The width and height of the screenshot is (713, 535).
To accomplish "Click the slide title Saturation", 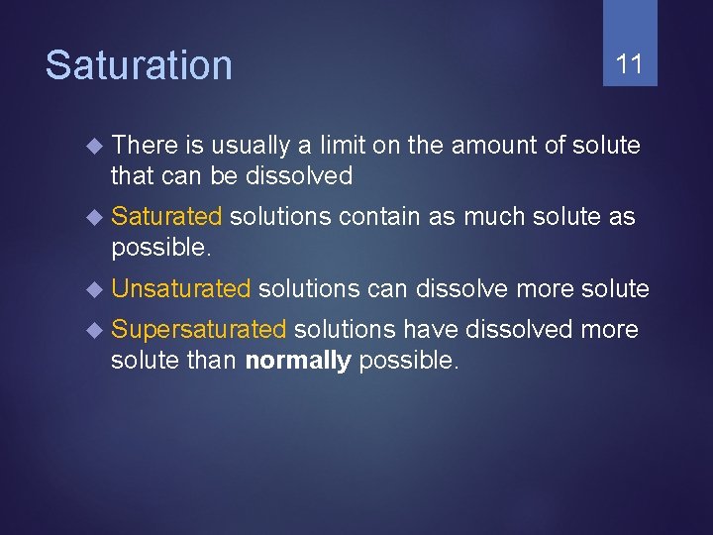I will [x=139, y=65].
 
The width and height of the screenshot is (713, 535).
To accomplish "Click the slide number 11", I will [x=630, y=65].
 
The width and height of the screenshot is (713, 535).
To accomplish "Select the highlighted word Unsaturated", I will [x=181, y=289].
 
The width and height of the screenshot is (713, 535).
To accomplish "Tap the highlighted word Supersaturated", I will [x=199, y=330].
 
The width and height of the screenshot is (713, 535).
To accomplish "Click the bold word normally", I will [x=297, y=361].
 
